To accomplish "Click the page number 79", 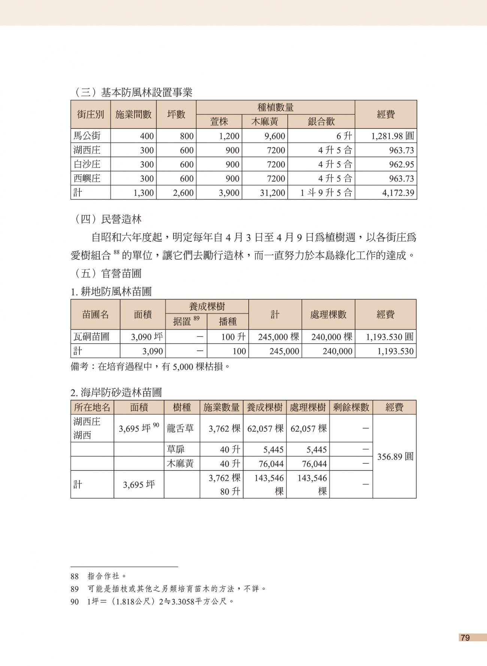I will [x=465, y=638].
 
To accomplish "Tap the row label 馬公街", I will [x=87, y=136].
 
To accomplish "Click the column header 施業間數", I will [x=133, y=114].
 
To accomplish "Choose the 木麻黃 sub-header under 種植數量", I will [x=264, y=121].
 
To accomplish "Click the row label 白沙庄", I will [x=87, y=164].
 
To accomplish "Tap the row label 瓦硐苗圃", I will [x=91, y=336].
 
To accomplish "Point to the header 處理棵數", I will [x=328, y=314].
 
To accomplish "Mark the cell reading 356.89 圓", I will [x=395, y=457].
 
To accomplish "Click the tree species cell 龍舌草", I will [x=180, y=429].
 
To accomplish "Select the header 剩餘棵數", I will [x=351, y=407].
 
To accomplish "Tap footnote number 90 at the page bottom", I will [x=75, y=602].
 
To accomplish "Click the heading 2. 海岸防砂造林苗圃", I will [x=116, y=393].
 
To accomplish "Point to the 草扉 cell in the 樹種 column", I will [x=176, y=449].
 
